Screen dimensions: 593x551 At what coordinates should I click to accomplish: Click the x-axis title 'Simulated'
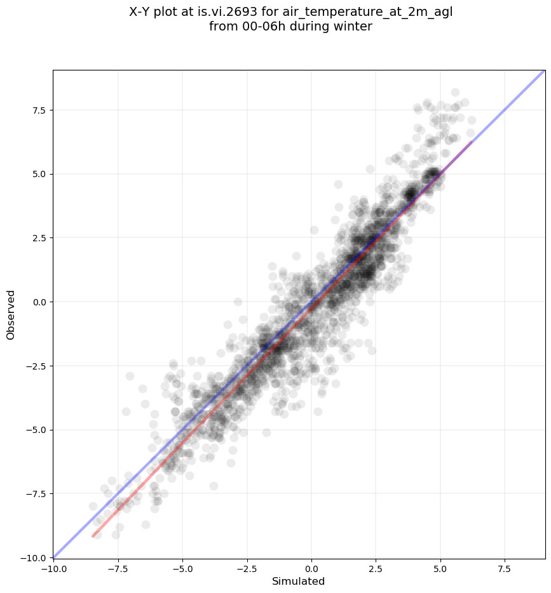pos(298,582)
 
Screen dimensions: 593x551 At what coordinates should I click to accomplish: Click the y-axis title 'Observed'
pos(11,314)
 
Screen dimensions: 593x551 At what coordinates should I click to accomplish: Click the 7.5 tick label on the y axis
pos(39,110)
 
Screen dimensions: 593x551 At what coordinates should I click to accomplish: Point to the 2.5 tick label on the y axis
pos(39,237)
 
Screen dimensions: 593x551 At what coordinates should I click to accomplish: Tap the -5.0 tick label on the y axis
pos(37,430)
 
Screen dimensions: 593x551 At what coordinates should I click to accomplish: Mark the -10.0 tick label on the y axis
pos(35,557)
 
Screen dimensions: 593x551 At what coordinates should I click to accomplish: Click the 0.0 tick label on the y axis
pos(39,302)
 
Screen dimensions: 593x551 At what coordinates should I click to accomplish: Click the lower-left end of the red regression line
pos(93,537)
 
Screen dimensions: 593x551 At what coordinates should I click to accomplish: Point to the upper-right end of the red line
pos(471,142)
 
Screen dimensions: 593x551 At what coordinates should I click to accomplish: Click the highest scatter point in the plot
pos(455,93)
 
